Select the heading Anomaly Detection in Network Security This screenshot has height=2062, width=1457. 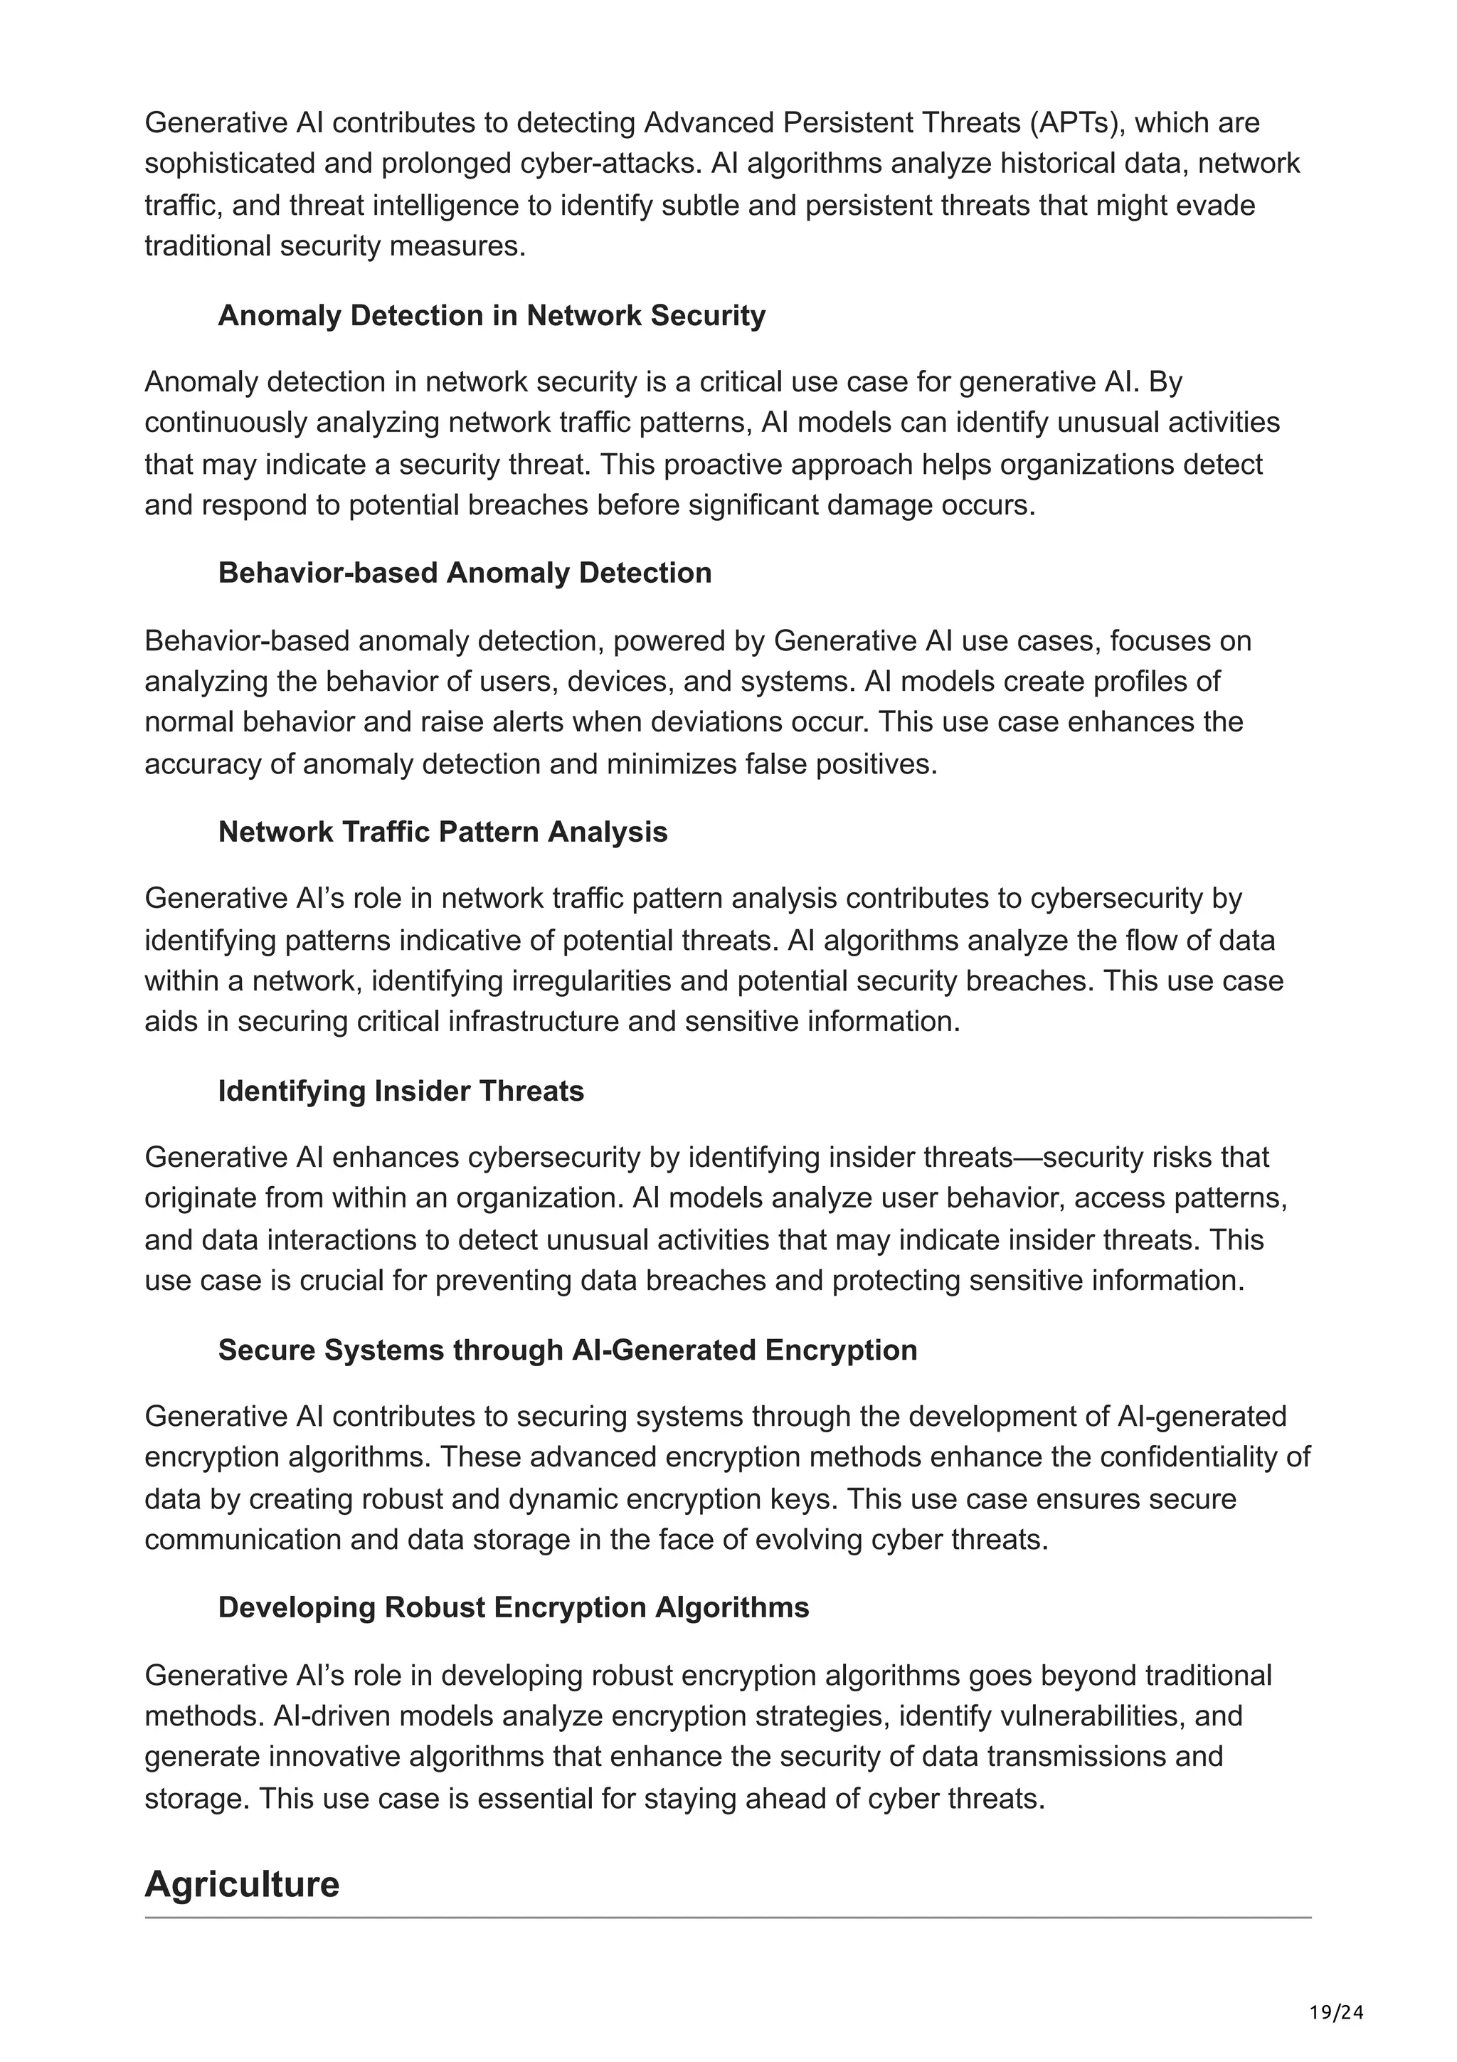491,315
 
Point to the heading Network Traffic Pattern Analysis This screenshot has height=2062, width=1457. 443,832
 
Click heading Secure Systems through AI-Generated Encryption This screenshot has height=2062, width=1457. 567,1350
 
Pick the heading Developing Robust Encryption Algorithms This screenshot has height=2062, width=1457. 514,1607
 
